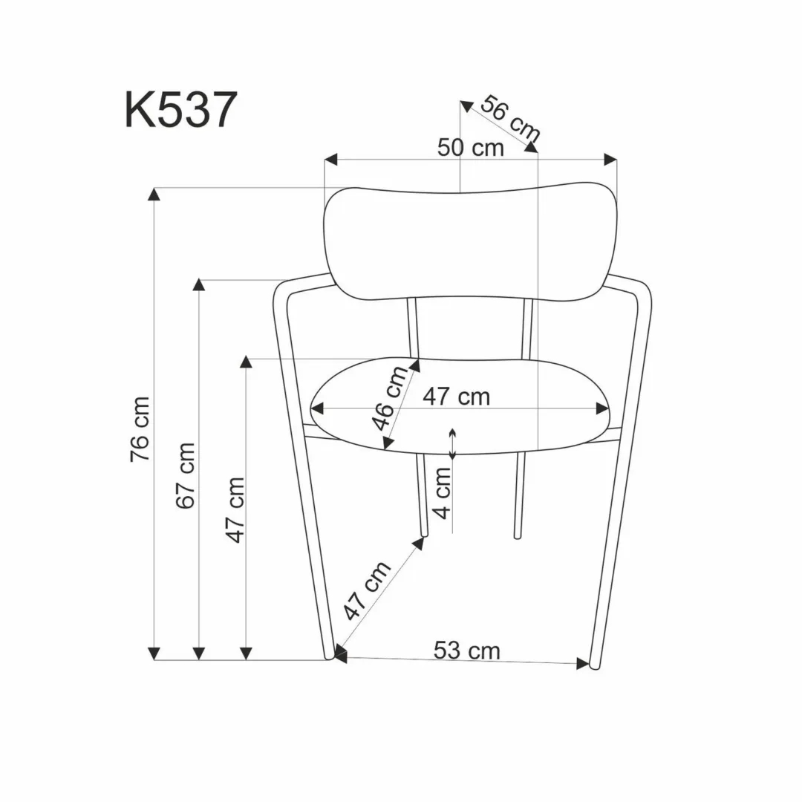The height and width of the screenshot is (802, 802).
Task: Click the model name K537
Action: pyautogui.click(x=180, y=111)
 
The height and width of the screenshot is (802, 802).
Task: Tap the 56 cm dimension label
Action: pyautogui.click(x=509, y=119)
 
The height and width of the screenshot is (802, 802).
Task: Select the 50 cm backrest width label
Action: pyautogui.click(x=470, y=148)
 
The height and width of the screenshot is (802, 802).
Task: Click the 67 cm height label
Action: pyautogui.click(x=186, y=475)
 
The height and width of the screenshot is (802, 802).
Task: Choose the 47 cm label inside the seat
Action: pyautogui.click(x=457, y=397)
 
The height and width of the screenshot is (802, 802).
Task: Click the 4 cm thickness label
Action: pyautogui.click(x=443, y=492)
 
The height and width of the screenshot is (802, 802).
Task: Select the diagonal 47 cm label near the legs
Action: pyautogui.click(x=368, y=591)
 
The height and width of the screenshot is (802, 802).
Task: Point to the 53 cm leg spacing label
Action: pyautogui.click(x=466, y=651)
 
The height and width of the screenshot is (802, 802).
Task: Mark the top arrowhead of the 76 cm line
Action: pyautogui.click(x=154, y=195)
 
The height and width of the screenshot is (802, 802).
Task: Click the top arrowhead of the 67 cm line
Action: pyautogui.click(x=199, y=286)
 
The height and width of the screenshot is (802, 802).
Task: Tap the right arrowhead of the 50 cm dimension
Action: pyautogui.click(x=611, y=159)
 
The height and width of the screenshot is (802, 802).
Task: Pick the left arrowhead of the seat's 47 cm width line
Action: pyautogui.click(x=318, y=408)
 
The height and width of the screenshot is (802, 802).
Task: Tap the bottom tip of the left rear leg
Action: pyautogui.click(x=423, y=533)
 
